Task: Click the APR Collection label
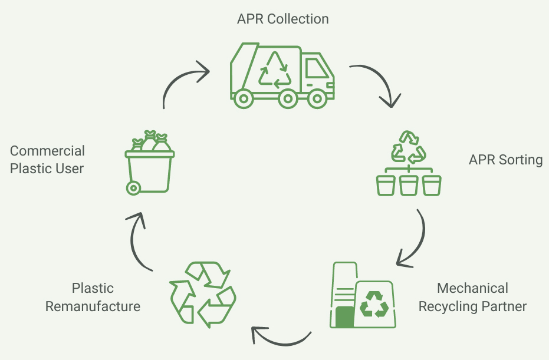pyautogui.click(x=282, y=19)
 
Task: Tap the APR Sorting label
pyautogui.click(x=505, y=160)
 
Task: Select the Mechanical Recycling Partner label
pyautogui.click(x=472, y=298)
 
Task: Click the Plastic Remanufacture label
pyautogui.click(x=93, y=298)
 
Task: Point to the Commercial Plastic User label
pyautogui.click(x=47, y=160)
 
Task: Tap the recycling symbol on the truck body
pyautogui.click(x=275, y=70)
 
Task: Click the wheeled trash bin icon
pyautogui.click(x=149, y=165)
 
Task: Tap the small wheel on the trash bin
pyautogui.click(x=133, y=188)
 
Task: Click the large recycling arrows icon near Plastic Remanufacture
pyautogui.click(x=202, y=295)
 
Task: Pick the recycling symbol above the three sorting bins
pyautogui.click(x=409, y=147)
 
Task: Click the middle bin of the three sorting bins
pyautogui.click(x=409, y=185)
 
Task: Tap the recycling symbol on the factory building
pyautogui.click(x=374, y=304)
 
